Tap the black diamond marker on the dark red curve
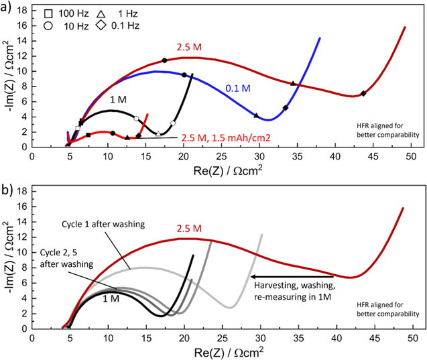(x=363, y=93)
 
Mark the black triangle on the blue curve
(x=257, y=115)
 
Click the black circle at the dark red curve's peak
(x=164, y=60)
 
